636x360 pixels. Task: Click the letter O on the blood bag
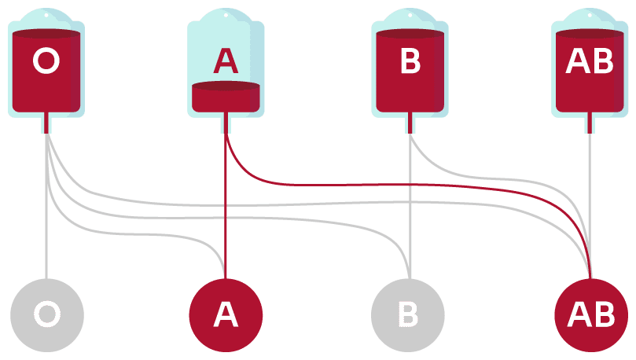[46, 61]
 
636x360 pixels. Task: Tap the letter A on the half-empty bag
[226, 61]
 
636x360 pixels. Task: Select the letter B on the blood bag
[410, 61]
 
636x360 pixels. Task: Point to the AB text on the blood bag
[590, 61]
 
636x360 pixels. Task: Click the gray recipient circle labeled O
[46, 314]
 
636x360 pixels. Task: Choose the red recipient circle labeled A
[226, 314]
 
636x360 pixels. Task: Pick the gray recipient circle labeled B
[408, 314]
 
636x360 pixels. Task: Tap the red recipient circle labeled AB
[590, 314]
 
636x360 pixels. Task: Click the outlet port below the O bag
[47, 123]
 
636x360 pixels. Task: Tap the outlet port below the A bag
[226, 123]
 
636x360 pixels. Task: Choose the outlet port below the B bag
[410, 123]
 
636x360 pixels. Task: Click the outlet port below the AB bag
[590, 123]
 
